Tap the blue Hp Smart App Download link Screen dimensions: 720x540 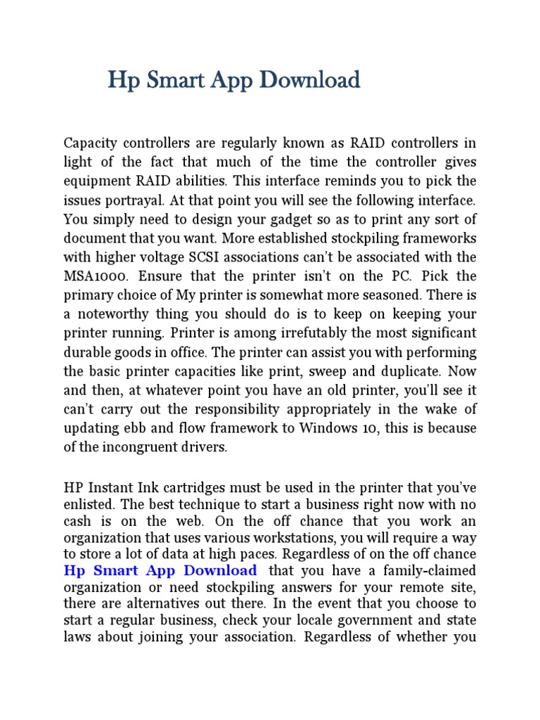(x=160, y=570)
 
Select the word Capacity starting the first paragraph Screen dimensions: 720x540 (x=90, y=143)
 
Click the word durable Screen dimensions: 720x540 (x=86, y=352)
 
